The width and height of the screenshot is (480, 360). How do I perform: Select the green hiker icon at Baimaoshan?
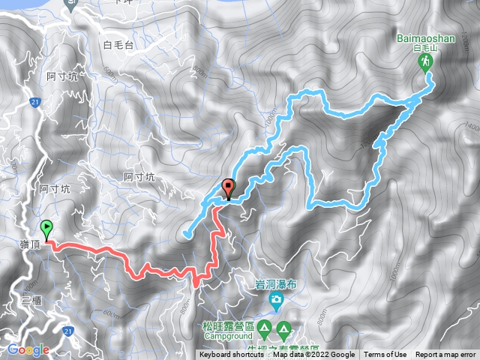(x=426, y=62)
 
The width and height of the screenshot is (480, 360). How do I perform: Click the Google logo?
(x=28, y=349)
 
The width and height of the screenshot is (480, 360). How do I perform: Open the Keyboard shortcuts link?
(x=232, y=355)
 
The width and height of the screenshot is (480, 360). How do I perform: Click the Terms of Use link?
(x=385, y=355)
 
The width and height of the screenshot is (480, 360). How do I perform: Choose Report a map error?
(x=446, y=355)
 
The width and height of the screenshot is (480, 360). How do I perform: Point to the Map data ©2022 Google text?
(x=314, y=355)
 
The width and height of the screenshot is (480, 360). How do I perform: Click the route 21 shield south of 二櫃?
(x=70, y=330)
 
